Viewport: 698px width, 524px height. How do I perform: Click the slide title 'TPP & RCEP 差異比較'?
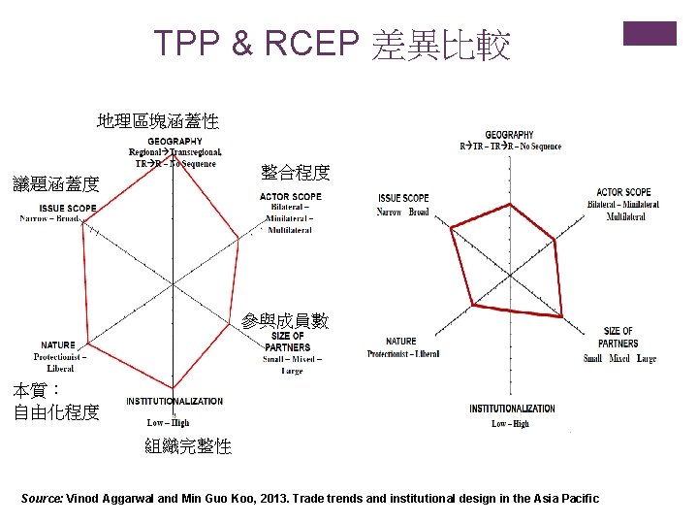333,45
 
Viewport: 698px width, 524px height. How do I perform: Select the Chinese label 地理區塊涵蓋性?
158,121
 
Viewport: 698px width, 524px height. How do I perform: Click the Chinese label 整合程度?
296,173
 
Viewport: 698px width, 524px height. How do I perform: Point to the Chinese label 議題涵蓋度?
48,183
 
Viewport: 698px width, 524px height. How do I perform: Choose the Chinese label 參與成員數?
285,321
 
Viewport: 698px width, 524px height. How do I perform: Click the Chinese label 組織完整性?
188,446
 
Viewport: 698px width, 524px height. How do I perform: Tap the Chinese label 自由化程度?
56,412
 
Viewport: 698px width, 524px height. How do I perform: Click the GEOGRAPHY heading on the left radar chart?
175,142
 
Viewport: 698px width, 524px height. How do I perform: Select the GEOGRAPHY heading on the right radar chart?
509,135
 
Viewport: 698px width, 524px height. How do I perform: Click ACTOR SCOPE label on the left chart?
291,197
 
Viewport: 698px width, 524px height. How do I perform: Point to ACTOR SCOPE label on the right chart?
623,192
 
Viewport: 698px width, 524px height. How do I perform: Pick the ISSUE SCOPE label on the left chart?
68,208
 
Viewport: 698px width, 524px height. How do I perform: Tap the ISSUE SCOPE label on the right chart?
403,198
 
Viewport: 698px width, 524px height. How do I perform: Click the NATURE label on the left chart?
58,345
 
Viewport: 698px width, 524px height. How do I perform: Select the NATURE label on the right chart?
401,341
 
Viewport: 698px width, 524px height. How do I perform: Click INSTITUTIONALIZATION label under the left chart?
174,402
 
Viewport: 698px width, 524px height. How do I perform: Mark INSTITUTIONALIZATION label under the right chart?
512,409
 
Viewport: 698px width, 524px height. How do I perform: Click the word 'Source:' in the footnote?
42,499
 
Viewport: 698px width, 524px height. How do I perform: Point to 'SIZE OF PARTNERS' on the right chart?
619,338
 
